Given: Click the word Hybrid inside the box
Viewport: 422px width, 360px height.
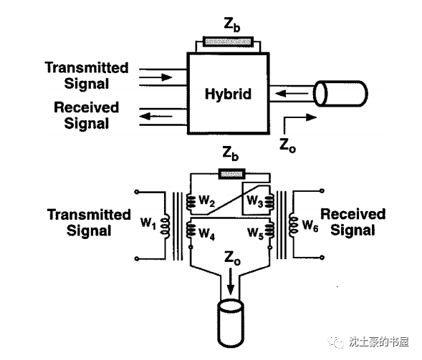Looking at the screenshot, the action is [229, 94].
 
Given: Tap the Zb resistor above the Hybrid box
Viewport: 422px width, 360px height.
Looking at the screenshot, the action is [228, 42].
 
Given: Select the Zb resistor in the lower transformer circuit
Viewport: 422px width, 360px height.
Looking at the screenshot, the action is [231, 174].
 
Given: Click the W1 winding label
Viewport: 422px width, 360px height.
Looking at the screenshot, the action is [148, 223].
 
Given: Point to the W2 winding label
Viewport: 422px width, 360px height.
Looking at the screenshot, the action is [206, 200].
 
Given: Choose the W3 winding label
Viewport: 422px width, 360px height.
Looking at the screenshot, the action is [254, 201].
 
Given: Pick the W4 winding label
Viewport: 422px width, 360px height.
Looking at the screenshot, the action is [206, 233].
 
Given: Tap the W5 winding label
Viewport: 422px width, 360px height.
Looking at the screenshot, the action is [255, 233].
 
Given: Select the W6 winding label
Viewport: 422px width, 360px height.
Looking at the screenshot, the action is [310, 225].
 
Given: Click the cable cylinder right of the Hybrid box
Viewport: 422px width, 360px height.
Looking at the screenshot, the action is [340, 94].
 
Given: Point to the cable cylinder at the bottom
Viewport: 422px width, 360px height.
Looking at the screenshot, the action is [231, 323].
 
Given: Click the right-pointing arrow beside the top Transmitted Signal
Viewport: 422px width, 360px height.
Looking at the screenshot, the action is [155, 77].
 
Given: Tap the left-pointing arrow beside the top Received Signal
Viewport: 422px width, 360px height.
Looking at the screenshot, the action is [155, 117].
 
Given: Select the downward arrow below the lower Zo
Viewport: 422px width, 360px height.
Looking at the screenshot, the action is [231, 283].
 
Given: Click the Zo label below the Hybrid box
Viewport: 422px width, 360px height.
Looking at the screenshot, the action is [288, 145].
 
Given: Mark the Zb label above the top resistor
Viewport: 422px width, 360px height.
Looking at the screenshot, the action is [231, 25].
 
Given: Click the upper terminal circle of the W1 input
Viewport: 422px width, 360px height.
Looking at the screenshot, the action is [137, 192].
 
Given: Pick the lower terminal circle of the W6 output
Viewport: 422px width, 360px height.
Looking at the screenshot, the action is [322, 258].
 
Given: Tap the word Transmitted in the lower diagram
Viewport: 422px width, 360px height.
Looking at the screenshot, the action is [89, 215].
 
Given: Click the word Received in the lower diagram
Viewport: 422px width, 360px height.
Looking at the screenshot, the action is [353, 214].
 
